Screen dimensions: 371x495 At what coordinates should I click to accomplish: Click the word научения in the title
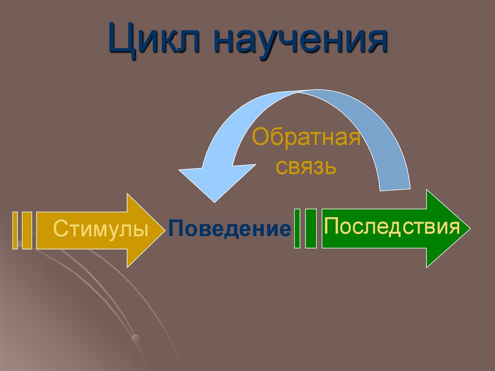point(299,41)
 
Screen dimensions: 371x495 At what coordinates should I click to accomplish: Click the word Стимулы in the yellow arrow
point(101,228)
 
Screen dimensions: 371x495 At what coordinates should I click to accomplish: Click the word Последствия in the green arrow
point(392,225)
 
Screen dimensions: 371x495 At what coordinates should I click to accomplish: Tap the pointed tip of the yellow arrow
point(163,230)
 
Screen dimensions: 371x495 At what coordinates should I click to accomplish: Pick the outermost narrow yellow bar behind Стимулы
point(15,230)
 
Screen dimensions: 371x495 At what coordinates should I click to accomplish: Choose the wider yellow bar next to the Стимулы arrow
point(27,230)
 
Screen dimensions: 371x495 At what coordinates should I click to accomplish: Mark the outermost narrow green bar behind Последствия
point(297,228)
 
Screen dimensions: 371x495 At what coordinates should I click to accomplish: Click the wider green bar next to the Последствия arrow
point(311,228)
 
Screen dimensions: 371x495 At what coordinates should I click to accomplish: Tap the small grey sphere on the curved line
point(136,337)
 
